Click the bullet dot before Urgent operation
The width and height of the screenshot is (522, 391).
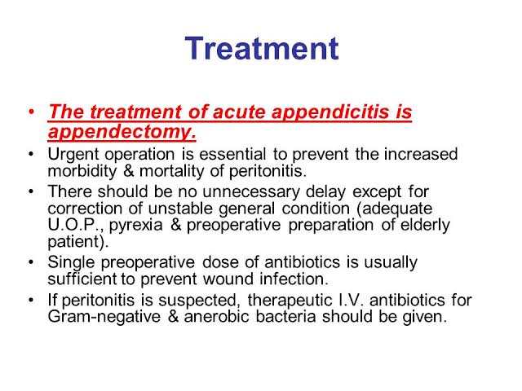coord(32,155)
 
